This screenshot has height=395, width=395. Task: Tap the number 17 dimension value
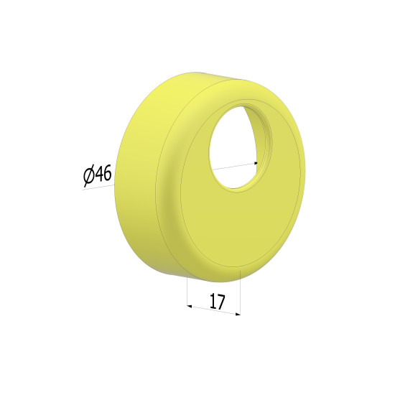(x=217, y=302)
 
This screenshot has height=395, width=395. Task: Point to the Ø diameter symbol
(x=88, y=177)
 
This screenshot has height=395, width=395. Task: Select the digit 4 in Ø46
(x=99, y=175)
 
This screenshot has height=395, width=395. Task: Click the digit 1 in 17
(x=213, y=300)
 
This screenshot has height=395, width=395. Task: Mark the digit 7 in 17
(x=220, y=302)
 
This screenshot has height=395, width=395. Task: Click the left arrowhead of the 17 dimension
(x=190, y=307)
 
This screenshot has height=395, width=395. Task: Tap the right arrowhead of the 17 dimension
(x=238, y=314)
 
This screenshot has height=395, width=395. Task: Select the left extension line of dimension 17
(x=187, y=292)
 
